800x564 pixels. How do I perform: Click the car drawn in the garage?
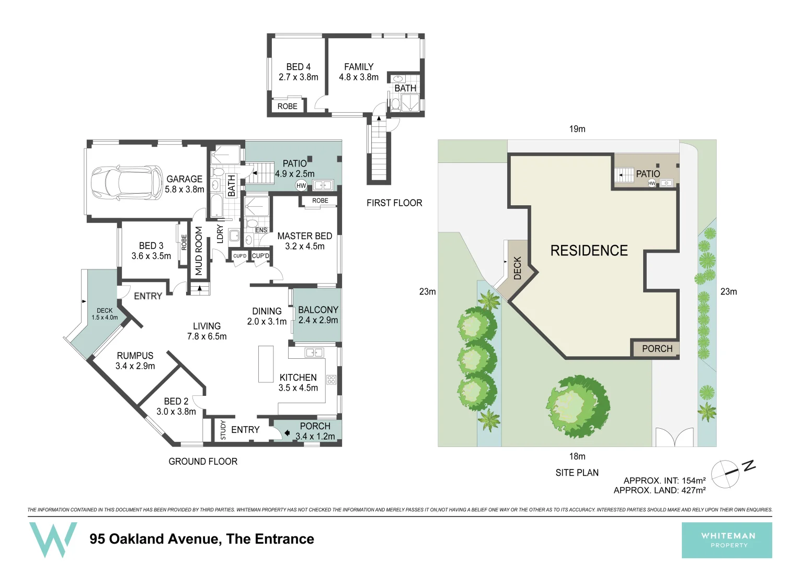click(x=127, y=182)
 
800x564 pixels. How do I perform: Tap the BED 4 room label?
click(x=298, y=72)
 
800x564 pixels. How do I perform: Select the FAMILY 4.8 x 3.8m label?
click(x=359, y=72)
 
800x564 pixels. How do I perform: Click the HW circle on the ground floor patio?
click(x=301, y=185)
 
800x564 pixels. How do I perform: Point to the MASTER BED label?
click(x=304, y=241)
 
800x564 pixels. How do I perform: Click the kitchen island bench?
click(x=266, y=364)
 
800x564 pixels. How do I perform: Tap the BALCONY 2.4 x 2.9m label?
click(x=318, y=315)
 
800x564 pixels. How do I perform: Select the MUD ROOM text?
click(x=199, y=251)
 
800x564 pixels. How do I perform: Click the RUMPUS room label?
click(x=135, y=361)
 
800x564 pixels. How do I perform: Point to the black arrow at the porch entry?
click(x=287, y=433)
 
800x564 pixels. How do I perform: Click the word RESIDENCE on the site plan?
click(x=589, y=251)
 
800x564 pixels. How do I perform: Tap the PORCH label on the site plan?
click(x=657, y=349)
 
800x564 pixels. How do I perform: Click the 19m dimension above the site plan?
click(x=577, y=129)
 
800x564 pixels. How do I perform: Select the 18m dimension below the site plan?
click(x=577, y=456)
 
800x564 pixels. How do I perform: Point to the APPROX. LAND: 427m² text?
click(x=659, y=490)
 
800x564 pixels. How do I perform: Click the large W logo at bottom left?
click(x=53, y=538)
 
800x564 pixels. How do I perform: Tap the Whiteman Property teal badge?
click(x=727, y=540)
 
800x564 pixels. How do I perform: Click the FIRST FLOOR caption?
click(x=394, y=203)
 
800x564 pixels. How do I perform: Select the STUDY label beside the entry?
click(x=223, y=430)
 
